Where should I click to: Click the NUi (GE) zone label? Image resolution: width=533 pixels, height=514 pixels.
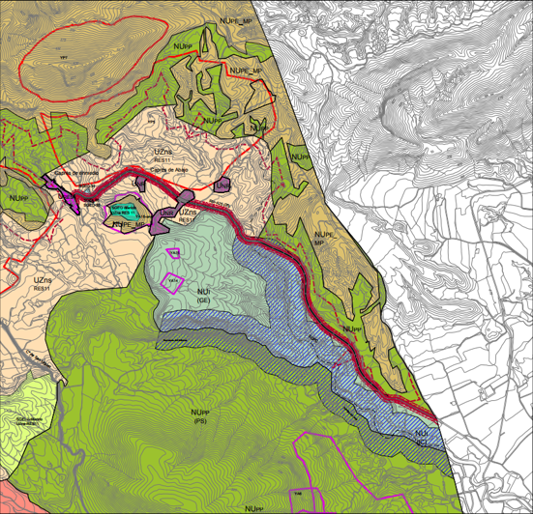click(x=204, y=295)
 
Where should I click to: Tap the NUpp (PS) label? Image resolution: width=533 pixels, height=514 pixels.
click(x=200, y=417)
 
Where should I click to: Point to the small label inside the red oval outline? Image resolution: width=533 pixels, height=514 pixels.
click(x=64, y=59)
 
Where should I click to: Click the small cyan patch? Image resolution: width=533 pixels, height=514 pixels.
click(x=120, y=208)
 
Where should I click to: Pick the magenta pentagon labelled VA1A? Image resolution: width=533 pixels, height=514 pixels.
click(x=172, y=281)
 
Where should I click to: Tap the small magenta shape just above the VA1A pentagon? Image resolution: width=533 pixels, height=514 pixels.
click(x=174, y=253)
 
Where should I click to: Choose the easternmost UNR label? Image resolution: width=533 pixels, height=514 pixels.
click(x=223, y=184)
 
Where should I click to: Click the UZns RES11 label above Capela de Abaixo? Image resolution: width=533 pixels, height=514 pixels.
click(x=163, y=156)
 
